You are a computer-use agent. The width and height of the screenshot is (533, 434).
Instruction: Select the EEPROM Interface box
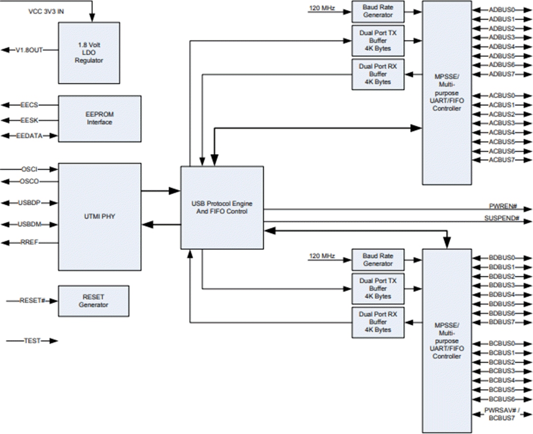[99, 118]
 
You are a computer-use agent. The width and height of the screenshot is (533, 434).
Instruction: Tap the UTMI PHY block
[99, 216]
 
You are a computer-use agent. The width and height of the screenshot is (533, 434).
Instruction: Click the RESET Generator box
[93, 301]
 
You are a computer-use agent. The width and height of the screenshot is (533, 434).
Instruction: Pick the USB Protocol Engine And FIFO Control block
[221, 207]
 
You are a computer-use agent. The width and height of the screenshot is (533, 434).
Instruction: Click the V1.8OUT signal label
[31, 50]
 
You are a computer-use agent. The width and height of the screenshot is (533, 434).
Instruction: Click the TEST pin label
[32, 341]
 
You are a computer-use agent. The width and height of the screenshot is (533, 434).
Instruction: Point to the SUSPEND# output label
[501, 218]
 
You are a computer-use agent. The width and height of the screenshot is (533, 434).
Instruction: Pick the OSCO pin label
[30, 181]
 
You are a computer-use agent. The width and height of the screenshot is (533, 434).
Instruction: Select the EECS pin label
[30, 105]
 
